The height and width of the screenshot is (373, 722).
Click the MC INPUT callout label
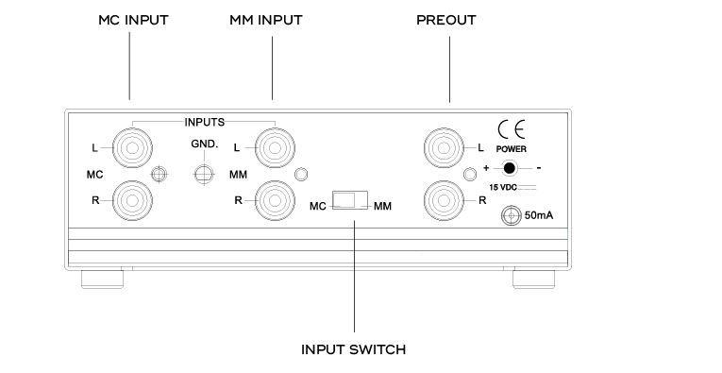click(x=133, y=19)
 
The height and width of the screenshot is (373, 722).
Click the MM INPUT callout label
click(x=272, y=19)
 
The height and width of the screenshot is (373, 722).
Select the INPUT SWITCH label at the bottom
click(x=353, y=349)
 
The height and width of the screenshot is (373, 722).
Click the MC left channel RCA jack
click(x=129, y=146)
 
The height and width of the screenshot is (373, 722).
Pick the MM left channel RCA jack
click(x=272, y=147)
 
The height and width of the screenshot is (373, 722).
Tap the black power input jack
click(x=511, y=168)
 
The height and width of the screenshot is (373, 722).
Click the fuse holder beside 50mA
click(x=512, y=216)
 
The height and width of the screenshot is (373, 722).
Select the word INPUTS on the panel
click(x=205, y=121)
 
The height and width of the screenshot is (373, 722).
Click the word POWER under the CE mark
click(x=513, y=149)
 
